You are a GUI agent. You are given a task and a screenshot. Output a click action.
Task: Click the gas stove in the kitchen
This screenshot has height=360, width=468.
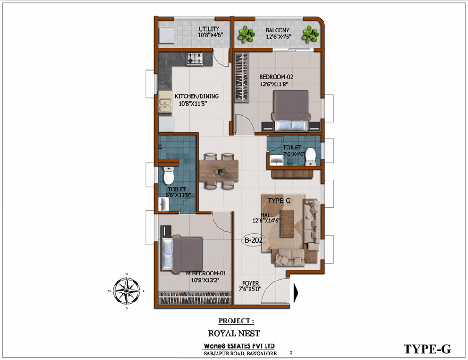pos(195,58)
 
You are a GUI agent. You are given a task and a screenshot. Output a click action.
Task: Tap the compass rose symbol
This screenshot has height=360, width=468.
pos(127,291)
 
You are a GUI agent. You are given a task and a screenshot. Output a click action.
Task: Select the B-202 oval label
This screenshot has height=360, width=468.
pos(253,240)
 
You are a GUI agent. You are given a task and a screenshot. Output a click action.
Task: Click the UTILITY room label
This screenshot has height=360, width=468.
pos(209,29)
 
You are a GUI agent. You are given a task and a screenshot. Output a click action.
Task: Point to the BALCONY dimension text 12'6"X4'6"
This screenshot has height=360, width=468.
pos(278,37)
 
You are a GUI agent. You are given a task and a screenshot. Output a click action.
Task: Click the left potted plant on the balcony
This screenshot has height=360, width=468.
pos(246,34)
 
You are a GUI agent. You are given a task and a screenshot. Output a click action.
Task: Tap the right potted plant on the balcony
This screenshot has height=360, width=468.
pos(310,34)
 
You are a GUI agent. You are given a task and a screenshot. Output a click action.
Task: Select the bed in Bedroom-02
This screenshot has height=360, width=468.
pos(291,111)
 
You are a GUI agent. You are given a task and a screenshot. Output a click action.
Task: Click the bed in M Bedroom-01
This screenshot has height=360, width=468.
pos(182,254)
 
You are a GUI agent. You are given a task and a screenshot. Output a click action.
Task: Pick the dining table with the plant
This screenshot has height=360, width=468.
pos(219,170)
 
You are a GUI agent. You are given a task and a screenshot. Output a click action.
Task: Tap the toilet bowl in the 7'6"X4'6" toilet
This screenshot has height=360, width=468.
pos(310,157)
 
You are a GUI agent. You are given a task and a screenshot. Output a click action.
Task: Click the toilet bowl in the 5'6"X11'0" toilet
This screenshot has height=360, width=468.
pos(169,176)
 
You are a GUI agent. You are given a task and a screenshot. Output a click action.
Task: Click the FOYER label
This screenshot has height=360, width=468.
pos(250,283)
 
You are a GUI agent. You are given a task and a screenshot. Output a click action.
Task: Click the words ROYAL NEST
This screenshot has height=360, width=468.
pos(234,333)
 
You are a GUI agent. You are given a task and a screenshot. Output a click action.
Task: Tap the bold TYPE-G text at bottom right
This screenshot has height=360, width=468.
pos(427,349)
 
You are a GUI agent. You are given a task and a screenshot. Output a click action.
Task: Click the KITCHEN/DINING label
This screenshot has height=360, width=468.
pos(197,96)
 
